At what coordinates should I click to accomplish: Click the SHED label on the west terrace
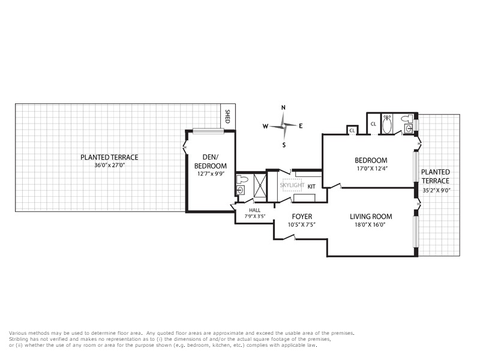227,116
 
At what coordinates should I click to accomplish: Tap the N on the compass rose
283,107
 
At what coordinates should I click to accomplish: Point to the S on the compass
284,145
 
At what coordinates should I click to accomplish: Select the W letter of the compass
265,126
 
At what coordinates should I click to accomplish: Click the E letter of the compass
301,126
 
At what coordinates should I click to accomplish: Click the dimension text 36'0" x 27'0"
110,166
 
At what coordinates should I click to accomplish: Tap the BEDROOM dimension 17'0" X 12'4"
372,169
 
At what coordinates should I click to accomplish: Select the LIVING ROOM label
371,217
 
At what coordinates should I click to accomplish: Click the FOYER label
302,217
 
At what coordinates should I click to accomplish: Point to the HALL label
254,211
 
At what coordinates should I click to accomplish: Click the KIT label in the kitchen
311,187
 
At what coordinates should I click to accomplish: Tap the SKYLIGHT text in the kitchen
292,185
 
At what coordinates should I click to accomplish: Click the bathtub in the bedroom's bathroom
386,124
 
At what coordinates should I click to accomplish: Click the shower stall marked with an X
260,185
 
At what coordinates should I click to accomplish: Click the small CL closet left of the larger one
352,130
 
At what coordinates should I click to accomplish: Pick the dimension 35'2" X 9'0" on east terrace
436,190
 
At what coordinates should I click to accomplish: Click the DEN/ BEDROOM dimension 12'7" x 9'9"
211,173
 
